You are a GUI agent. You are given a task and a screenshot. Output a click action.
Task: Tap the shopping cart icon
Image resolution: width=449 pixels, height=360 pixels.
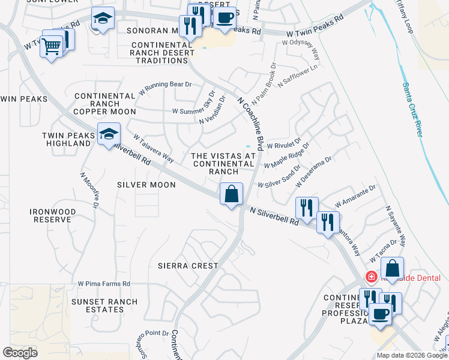pos(52,45)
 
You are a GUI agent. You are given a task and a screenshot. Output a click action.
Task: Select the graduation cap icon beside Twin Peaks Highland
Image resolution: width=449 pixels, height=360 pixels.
pos(109,135)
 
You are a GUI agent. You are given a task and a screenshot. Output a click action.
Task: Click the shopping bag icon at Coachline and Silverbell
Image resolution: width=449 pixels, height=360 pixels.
pos(231,195)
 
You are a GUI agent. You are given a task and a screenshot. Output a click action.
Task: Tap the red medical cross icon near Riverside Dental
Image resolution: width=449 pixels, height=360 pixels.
pos(372,277)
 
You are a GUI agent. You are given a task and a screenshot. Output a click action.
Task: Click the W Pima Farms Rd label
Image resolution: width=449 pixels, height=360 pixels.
pos(104,284)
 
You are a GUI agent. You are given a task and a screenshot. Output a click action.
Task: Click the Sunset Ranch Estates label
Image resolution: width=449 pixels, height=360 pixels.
pos(104,306)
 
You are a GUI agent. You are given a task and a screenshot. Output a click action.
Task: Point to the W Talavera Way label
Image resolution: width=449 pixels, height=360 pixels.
pos(153,149)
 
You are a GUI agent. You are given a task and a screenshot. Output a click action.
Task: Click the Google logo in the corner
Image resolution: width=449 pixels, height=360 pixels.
pos(20,353)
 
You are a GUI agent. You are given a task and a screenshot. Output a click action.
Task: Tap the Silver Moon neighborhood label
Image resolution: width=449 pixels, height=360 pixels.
pos(146,185)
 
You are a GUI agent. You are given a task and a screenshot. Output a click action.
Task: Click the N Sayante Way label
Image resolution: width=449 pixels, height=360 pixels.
pos(396,227)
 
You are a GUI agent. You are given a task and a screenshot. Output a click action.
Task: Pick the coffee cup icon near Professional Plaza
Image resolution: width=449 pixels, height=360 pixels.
pos(380,314)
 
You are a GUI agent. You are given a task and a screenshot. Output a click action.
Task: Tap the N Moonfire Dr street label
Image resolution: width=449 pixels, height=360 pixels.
pos(89,191)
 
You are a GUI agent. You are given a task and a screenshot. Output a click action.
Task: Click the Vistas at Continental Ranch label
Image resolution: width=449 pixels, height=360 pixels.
pos(223,164)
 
